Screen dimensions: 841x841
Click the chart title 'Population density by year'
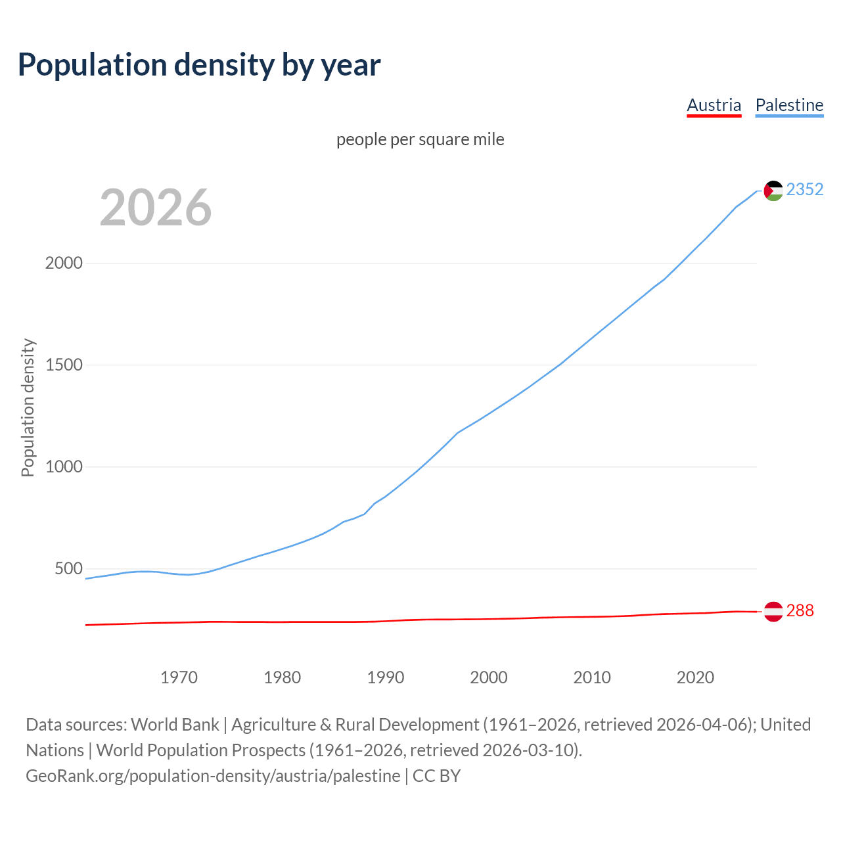coord(199,65)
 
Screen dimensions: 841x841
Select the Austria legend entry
coord(714,105)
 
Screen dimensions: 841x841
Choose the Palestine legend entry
coord(789,105)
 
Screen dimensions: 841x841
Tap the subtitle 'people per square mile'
coord(420,139)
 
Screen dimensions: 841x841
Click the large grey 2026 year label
coord(156,208)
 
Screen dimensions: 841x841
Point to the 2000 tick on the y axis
coord(64,263)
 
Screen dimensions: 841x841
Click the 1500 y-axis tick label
coord(64,365)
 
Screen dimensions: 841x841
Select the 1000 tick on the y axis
coord(64,466)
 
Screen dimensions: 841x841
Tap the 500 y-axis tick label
coord(68,568)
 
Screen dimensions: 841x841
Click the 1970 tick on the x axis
coord(179,677)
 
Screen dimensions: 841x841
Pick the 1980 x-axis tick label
coord(282,677)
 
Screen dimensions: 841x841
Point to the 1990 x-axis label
coord(386,677)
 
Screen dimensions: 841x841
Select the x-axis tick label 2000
coord(489,677)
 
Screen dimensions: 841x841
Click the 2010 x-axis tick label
coord(592,677)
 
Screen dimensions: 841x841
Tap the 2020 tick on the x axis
coord(695,677)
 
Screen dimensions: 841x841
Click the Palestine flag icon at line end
coord(773,191)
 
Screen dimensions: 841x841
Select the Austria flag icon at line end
coord(773,611)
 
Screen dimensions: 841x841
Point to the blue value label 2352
coord(805,189)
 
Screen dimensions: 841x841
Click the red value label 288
coord(800,610)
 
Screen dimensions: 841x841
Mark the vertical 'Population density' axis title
coord(28,407)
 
